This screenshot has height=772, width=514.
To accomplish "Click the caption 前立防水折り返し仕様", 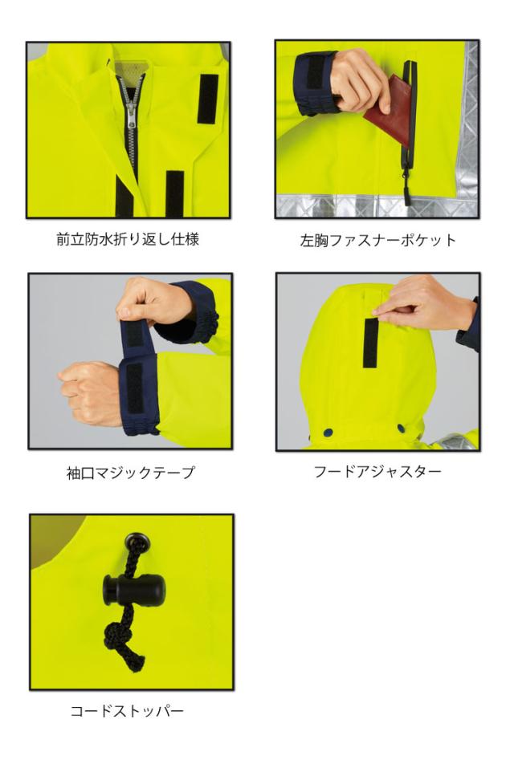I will point(129,240).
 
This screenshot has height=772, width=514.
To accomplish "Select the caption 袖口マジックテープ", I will point(129,473).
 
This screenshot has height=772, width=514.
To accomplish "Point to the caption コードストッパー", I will point(129,710).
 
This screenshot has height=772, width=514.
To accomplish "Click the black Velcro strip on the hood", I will point(370,343).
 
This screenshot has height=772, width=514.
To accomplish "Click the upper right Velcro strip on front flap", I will point(208,98).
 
